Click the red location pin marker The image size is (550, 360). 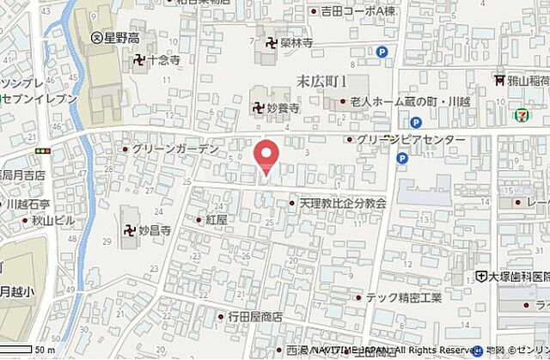coord(267,156)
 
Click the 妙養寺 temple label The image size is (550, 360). coord(281,108)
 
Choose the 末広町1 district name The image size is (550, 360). coord(321,81)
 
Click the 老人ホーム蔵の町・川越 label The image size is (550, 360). coord(403,102)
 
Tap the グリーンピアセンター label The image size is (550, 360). coord(412,140)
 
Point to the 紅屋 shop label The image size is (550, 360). coord(216,220)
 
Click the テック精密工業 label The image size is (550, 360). coord(403,297)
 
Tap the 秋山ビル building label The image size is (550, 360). coord(54,221)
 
